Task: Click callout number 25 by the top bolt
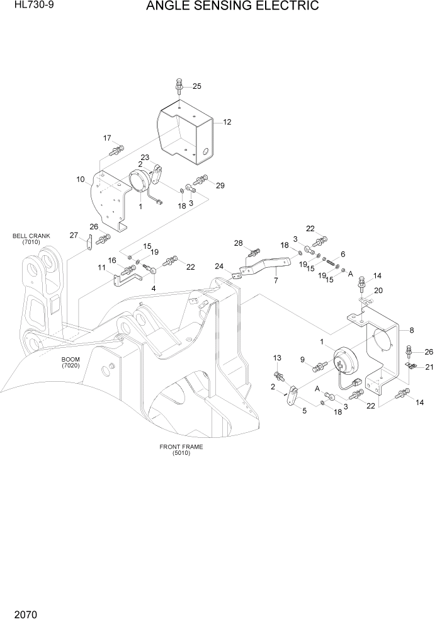click(197, 86)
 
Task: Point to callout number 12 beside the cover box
click(227, 122)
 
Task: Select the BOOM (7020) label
click(71, 362)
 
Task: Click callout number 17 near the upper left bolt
click(107, 138)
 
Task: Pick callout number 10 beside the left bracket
click(81, 180)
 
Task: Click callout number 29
click(220, 185)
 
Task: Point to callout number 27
click(74, 235)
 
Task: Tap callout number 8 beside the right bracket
click(412, 330)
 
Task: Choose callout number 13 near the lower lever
click(276, 358)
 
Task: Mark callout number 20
click(378, 290)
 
